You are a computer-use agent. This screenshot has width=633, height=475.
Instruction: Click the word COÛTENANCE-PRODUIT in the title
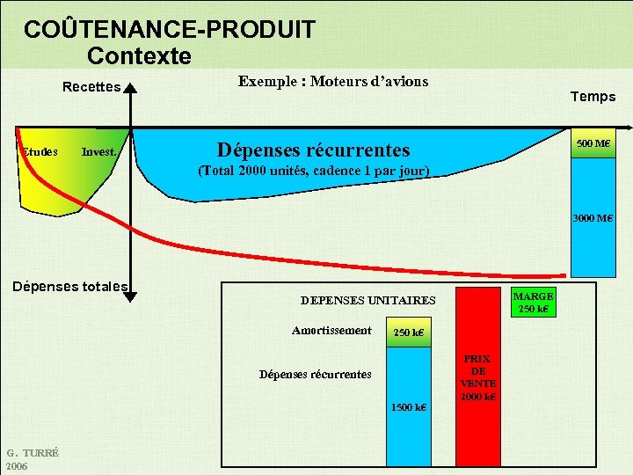pos(169,30)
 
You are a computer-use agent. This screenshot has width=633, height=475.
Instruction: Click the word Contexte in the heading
pos(139,56)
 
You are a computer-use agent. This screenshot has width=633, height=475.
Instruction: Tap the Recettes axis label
pos(91,87)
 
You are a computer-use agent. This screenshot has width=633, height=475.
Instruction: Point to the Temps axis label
pos(593,97)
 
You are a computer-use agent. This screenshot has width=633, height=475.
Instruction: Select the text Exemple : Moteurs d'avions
pos(333,82)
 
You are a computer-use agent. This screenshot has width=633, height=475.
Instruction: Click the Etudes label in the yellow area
pos(40,151)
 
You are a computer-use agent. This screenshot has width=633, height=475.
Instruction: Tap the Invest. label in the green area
pos(99,152)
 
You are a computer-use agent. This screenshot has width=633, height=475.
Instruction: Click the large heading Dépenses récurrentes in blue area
pos(313,150)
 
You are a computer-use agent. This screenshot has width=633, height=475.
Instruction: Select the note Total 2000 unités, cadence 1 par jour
pos(314,170)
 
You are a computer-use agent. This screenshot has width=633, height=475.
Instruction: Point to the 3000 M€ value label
pos(593,218)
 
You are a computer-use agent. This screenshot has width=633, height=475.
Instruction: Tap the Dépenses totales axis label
pos(69,286)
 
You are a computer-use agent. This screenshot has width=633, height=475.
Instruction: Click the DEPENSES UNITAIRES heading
pos(367,300)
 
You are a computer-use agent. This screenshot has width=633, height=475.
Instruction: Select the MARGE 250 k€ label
pos(533,303)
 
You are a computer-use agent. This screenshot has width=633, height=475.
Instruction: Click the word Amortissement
pos(331,331)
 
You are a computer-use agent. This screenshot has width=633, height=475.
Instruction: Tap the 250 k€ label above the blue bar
pos(408,332)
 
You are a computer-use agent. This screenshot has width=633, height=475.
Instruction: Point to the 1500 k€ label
pos(409,407)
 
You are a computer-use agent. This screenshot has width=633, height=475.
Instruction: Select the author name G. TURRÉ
pos(32,453)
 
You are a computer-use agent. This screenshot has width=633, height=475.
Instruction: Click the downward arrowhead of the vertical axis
pos(130,296)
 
